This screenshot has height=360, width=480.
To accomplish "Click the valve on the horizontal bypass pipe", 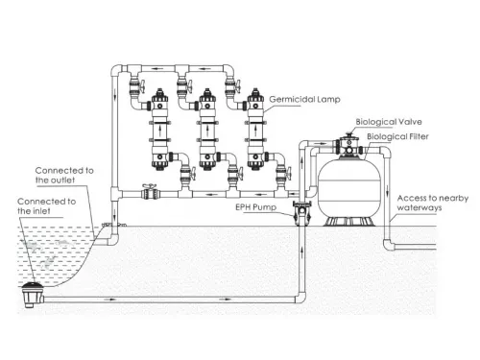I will tap(148, 192).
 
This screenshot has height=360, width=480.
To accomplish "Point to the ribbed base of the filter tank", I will tap(348, 221).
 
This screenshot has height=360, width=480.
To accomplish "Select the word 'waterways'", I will tap(422, 208).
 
